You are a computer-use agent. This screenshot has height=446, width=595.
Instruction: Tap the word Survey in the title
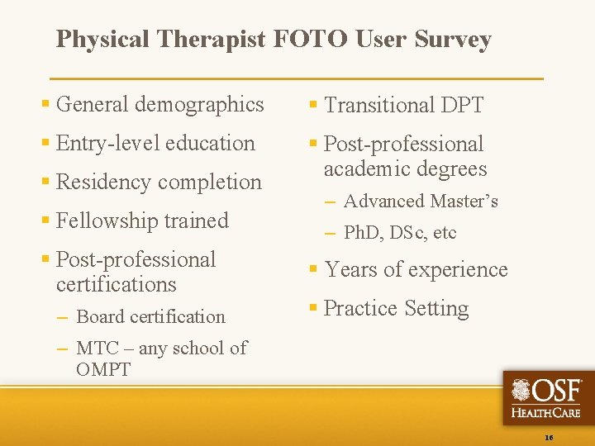[x=453, y=40]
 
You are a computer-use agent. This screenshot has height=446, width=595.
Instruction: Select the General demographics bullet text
[x=159, y=104]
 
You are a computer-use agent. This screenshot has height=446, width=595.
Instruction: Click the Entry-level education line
[x=155, y=143]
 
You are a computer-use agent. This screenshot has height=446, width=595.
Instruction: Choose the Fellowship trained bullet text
[x=142, y=221]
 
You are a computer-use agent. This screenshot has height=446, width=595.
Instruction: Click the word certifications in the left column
[x=117, y=284]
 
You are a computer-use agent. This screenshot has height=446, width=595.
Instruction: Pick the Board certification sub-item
[x=150, y=316]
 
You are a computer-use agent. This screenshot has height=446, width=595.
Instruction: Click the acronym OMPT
[x=103, y=369]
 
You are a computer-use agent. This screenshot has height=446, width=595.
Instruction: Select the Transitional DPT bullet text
[x=403, y=105]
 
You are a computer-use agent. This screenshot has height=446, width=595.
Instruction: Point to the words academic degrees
[x=405, y=168]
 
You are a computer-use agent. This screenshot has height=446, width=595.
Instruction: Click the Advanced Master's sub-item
[x=421, y=201]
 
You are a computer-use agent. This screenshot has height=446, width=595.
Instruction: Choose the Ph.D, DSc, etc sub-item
[x=400, y=233]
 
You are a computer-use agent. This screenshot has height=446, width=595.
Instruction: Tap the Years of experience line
[x=416, y=269]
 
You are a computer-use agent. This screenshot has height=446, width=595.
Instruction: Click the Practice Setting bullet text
[x=396, y=308]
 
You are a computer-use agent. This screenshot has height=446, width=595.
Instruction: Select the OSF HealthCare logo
[x=547, y=397]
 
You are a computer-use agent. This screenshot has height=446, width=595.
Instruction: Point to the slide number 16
[x=550, y=436]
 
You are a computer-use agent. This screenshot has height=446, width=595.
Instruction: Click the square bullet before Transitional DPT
[x=313, y=105]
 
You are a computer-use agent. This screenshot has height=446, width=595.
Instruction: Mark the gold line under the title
[x=297, y=78]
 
